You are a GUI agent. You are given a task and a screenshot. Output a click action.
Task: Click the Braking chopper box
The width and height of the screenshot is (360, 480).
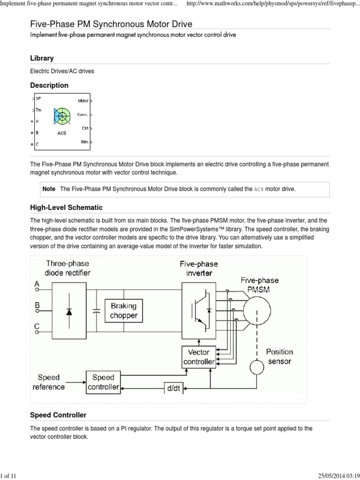point(123,310)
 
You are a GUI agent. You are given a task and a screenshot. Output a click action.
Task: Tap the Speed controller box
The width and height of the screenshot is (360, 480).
point(103,382)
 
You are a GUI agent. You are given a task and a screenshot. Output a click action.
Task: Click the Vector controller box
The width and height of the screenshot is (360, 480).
point(199,356)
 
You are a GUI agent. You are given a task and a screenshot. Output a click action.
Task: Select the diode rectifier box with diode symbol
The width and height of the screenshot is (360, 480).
point(69,310)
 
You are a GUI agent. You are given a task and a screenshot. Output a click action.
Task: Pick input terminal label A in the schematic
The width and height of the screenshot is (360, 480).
point(37,284)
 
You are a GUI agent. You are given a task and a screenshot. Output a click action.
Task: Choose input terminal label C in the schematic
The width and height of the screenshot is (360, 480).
point(37,326)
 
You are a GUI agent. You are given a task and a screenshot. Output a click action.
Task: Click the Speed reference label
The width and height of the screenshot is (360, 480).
point(49,382)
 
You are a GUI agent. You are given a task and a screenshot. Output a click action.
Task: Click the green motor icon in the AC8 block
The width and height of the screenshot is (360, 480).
point(62,116)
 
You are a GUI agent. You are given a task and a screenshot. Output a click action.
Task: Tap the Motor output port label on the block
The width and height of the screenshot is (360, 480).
point(83,100)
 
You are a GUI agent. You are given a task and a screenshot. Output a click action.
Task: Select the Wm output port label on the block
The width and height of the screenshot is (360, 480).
point(84,141)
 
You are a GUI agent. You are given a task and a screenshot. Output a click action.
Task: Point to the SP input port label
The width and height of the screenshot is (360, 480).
point(38,99)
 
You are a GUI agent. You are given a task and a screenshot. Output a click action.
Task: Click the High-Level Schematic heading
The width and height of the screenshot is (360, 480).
point(66,207)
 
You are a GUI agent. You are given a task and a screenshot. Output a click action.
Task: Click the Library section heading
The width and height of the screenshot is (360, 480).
point(42,58)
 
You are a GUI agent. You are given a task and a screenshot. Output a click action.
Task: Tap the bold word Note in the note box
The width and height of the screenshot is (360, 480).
point(49,188)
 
